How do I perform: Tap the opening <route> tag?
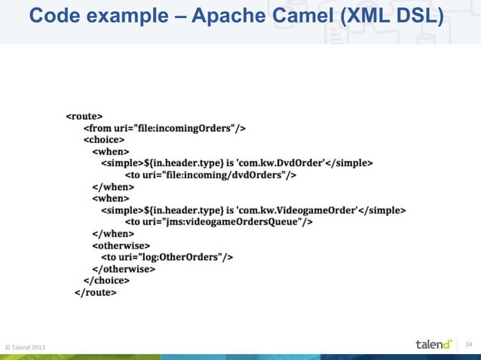[x=84, y=117]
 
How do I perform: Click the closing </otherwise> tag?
[x=124, y=268]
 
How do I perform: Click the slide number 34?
[x=469, y=344]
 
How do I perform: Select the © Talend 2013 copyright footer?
[x=25, y=346]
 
